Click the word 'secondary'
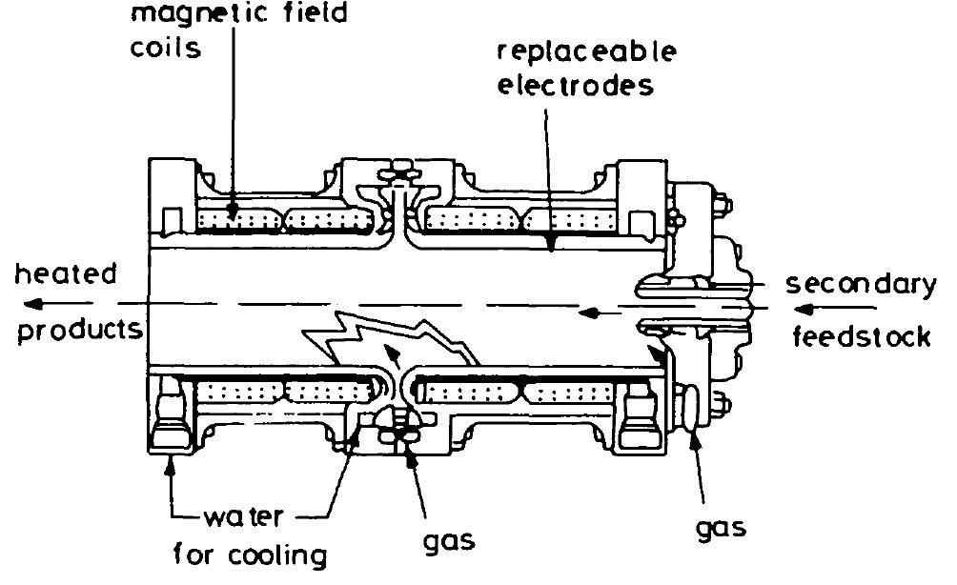(x=863, y=283)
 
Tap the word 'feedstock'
(x=862, y=337)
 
